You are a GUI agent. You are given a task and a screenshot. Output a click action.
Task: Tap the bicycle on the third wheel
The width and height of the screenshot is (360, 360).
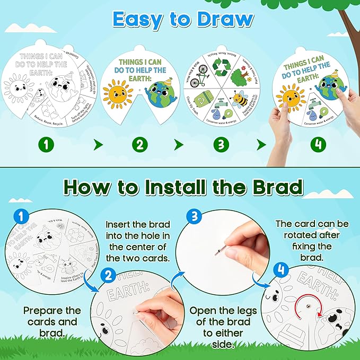click(196, 81)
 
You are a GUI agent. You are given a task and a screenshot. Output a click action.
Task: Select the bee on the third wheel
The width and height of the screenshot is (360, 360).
click(241, 99)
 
